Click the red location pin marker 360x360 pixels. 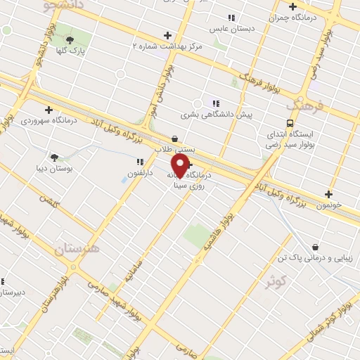(180, 166)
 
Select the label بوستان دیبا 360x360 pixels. (51, 169)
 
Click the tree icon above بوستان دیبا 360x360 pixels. (54, 157)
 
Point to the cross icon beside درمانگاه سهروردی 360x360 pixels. (49, 110)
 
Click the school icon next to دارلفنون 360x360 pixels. (140, 161)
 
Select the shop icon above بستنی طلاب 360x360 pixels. (174, 139)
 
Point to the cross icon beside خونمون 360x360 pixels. (328, 194)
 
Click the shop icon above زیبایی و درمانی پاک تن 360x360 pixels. (314, 247)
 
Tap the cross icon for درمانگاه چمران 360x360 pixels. (292, 6)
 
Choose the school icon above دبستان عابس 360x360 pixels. (231, 18)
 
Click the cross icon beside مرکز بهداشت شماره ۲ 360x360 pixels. (167, 34)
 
